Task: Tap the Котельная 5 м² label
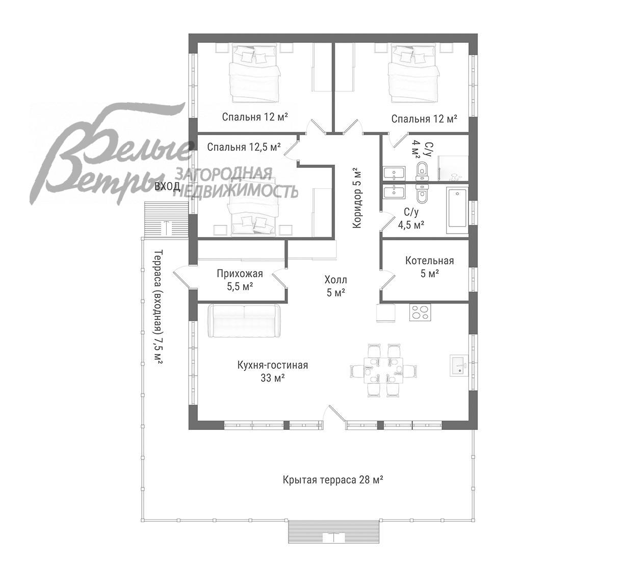pyautogui.click(x=429, y=267)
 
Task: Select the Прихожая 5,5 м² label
pyautogui.click(x=240, y=280)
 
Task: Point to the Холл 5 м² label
pyautogui.click(x=335, y=286)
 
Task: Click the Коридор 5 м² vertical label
pyautogui.click(x=357, y=198)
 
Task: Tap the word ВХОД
pyautogui.click(x=167, y=186)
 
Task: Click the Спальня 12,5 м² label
pyautogui.click(x=244, y=147)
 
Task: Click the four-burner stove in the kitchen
pyautogui.click(x=420, y=312)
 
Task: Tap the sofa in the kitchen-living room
pyautogui.click(x=244, y=321)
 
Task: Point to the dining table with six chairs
pyautogui.click(x=383, y=370)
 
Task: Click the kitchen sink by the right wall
pyautogui.click(x=459, y=366)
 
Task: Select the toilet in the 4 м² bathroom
pyautogui.click(x=422, y=171)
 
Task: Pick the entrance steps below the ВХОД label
pyautogui.click(x=166, y=219)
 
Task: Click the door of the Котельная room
pyautogui.click(x=388, y=281)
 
